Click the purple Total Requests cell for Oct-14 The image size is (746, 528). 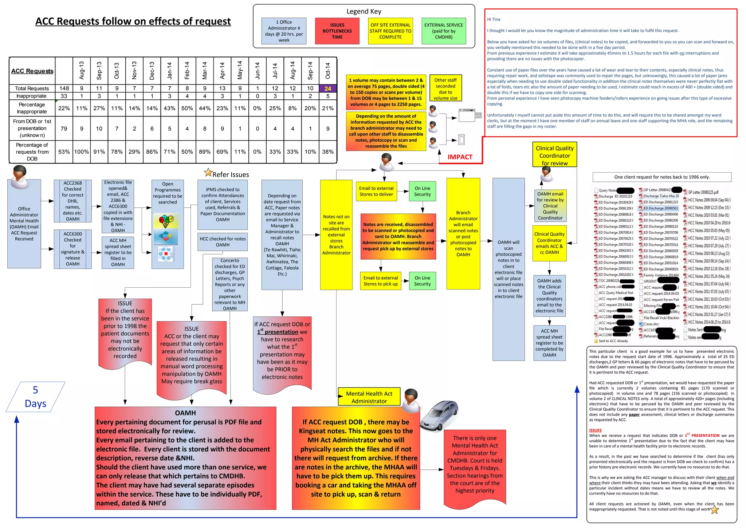pyautogui.click(x=328, y=88)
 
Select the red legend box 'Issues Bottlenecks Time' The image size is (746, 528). pyautogui.click(x=337, y=31)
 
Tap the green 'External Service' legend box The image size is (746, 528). pyautogui.click(x=443, y=31)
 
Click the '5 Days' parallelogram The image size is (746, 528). pyautogui.click(x=35, y=397)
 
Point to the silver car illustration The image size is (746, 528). pyautogui.click(x=439, y=415)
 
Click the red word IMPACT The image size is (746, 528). pyautogui.click(x=460, y=157)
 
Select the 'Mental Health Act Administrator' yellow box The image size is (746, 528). pyautogui.click(x=369, y=397)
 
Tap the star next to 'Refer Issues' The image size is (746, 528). pyautogui.click(x=208, y=173)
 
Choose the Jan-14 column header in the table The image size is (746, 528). pyautogui.click(x=169, y=71)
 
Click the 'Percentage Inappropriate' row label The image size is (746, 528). pyautogui.click(x=32, y=108)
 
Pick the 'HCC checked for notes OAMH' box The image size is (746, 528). pyautogui.click(x=223, y=242)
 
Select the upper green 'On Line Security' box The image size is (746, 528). pyautogui.click(x=422, y=191)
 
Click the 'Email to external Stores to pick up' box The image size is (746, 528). pyautogui.click(x=381, y=281)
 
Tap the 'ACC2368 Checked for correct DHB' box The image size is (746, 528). pyautogui.click(x=73, y=201)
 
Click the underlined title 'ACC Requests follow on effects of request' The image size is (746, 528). pyautogui.click(x=133, y=21)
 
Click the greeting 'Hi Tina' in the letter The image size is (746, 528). pyautogui.click(x=494, y=19)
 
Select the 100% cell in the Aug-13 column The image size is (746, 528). pyautogui.click(x=82, y=151)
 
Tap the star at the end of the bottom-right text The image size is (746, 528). pyautogui.click(x=715, y=509)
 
